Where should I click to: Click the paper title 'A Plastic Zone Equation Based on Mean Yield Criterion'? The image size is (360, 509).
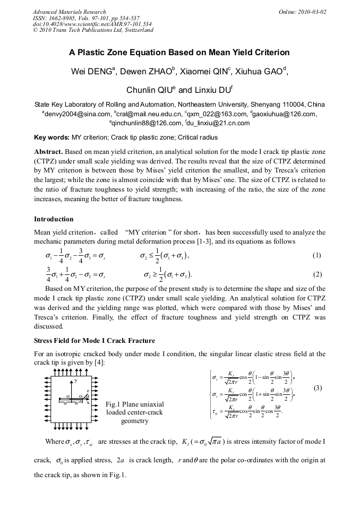179,53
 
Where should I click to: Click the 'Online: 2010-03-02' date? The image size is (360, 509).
302,12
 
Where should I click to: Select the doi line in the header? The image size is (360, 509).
92,24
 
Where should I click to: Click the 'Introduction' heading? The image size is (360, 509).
54,219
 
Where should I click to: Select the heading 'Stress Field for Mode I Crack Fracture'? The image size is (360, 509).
95,340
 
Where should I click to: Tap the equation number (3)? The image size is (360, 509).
318,388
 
